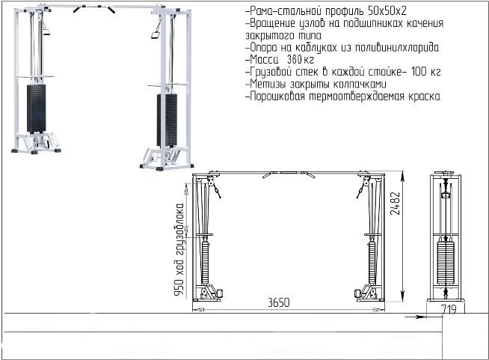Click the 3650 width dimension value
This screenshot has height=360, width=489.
pyautogui.click(x=278, y=302)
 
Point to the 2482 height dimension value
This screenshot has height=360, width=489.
pyautogui.click(x=395, y=203)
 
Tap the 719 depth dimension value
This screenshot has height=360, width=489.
pyautogui.click(x=449, y=309)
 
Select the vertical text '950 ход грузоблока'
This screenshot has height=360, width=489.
pyautogui.click(x=179, y=250)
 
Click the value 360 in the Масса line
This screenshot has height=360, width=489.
pyautogui.click(x=294, y=59)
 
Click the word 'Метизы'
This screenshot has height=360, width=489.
pyautogui.click(x=268, y=84)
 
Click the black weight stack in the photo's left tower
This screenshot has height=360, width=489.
pyautogui.click(x=36, y=109)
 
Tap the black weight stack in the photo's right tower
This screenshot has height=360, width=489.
pyautogui.click(x=167, y=120)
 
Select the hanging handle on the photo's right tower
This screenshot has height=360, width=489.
pyautogui.click(x=156, y=32)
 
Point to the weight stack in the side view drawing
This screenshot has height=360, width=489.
pyautogui.click(x=446, y=263)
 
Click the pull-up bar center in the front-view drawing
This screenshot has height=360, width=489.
pyautogui.click(x=289, y=173)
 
